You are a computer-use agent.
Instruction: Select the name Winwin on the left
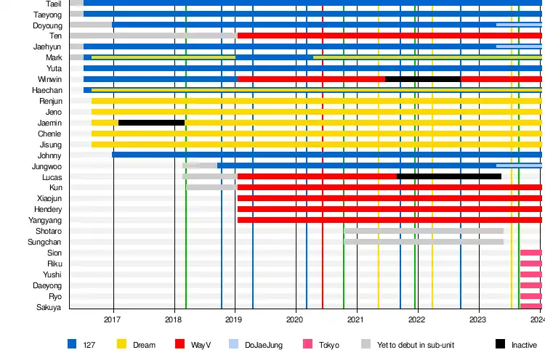pos(49,79)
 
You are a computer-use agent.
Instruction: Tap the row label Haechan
pos(47,90)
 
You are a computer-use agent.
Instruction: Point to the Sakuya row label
pos(49,307)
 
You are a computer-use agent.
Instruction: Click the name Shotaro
pos(49,231)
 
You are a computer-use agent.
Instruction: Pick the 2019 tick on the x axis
pos(234,319)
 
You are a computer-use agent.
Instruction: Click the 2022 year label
pos(416,319)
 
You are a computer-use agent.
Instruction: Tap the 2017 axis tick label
pos(113,319)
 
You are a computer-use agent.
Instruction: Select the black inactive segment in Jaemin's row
pos(151,123)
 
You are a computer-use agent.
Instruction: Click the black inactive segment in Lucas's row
pos(448,176)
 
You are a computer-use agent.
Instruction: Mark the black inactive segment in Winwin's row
pos(422,79)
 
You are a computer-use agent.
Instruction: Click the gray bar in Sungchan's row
pos(424,242)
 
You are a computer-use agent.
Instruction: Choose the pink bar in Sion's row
pos(530,253)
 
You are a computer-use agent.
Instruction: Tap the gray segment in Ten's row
pos(153,36)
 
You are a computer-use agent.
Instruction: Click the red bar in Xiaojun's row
pos(389,198)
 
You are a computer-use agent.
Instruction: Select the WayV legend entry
pos(201,345)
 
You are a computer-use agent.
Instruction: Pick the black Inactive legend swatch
pos(500,345)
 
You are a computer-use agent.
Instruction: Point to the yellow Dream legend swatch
pos(121,345)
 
